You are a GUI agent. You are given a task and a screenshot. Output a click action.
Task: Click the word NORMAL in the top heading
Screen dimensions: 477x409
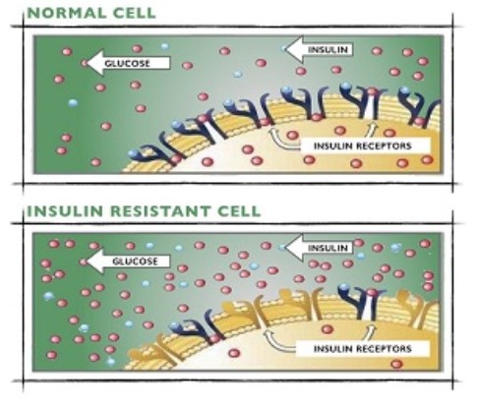[x=67, y=13]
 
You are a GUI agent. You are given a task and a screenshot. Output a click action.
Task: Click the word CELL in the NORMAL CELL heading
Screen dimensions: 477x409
[x=135, y=13]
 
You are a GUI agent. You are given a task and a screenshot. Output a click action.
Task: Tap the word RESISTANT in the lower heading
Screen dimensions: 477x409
[x=160, y=211]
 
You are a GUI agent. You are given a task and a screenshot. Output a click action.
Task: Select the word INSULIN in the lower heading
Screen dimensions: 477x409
[x=65, y=211]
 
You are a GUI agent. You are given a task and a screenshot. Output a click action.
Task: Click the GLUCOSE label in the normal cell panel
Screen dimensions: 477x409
[x=127, y=63]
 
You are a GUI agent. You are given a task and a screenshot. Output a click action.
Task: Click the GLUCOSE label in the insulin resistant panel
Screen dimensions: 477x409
[x=135, y=262]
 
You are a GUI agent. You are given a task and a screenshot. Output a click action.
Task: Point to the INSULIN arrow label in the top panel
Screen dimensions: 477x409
[x=328, y=49]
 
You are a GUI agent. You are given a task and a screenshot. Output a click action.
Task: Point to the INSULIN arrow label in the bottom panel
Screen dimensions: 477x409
[x=328, y=248]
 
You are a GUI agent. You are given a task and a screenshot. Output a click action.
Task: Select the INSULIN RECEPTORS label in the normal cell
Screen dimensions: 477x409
[x=363, y=146]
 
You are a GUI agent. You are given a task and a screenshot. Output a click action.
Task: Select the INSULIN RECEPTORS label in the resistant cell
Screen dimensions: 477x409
[x=363, y=349]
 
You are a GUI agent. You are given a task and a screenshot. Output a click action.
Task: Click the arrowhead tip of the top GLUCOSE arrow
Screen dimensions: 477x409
[x=87, y=62]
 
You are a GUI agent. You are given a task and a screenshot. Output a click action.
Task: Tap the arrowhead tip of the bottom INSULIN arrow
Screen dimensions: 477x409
[x=285, y=248]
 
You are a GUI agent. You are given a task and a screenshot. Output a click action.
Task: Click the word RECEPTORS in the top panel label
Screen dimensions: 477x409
[x=386, y=146]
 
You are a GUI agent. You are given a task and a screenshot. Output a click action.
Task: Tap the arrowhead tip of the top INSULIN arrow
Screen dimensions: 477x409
[x=285, y=49]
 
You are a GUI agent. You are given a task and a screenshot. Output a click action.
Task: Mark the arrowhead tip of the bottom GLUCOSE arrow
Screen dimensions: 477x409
[x=87, y=261]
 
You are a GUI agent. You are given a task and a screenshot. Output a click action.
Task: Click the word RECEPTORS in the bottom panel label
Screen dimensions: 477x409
[x=386, y=349]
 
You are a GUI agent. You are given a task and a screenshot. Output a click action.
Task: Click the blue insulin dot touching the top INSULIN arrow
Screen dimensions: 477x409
[x=283, y=48]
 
